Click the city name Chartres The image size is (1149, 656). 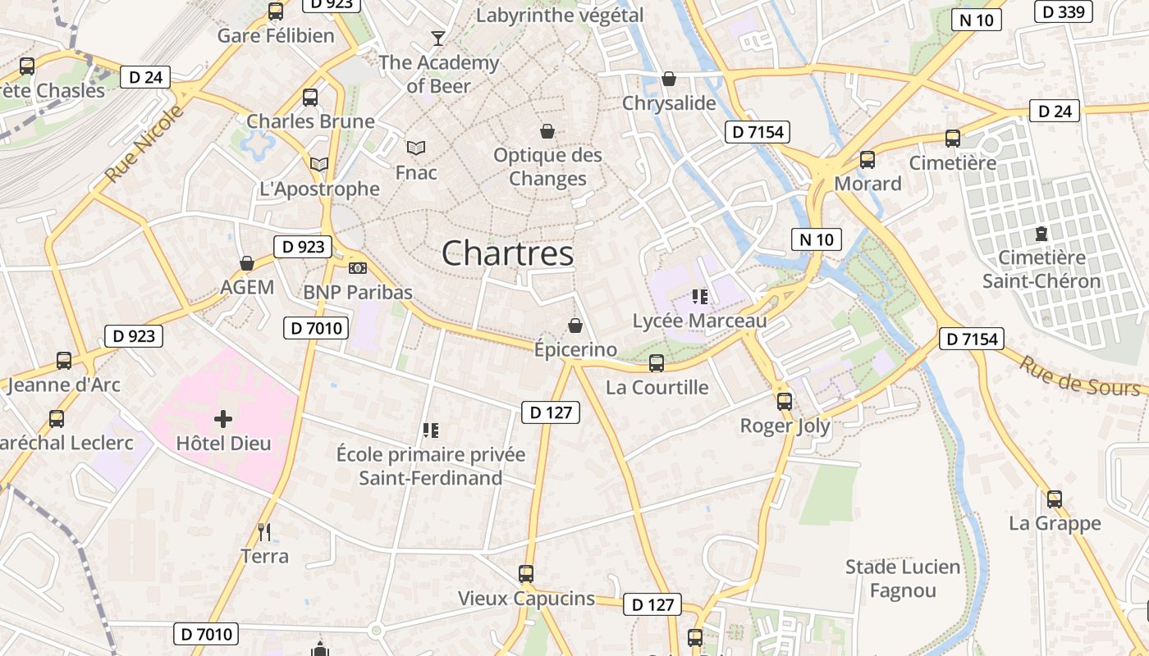point(507,253)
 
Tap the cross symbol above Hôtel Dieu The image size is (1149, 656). point(222,420)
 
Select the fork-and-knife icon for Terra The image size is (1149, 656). point(264,532)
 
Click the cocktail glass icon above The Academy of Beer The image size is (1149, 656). point(438,39)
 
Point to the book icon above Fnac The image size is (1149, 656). point(416,148)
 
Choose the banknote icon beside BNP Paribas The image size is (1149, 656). point(358,268)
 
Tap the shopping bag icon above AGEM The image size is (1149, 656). point(246,263)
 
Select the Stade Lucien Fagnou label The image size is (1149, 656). point(903,578)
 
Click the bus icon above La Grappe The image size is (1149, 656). point(1054,499)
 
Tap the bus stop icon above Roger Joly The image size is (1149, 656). point(785,402)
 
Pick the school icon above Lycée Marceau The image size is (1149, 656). point(699,296)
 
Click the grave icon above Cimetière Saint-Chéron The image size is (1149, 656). point(1041,234)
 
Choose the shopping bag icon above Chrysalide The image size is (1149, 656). point(669,80)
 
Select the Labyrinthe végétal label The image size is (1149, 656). point(560,16)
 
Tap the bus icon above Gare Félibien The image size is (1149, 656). point(276,11)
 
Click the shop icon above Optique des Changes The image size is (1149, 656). point(547,131)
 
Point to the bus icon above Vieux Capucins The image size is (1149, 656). point(526,574)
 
